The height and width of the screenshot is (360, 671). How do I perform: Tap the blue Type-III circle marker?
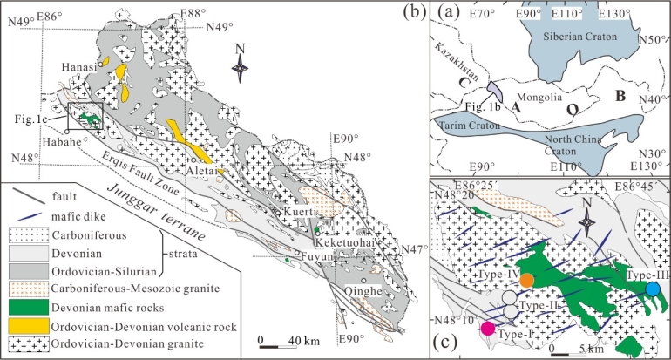pyautogui.click(x=653, y=289)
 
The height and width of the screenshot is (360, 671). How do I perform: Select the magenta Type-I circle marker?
pyautogui.click(x=488, y=328)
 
